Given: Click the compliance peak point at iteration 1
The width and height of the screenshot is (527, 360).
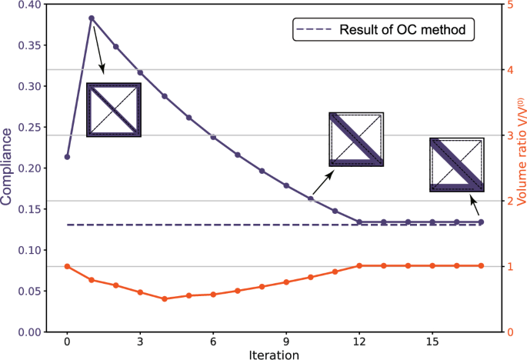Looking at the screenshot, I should coord(92,18).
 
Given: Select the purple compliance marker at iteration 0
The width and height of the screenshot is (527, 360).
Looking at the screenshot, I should coord(67,157).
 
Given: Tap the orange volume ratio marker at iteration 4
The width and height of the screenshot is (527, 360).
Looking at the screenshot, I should coord(165,298).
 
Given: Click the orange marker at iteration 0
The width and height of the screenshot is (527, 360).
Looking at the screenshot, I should coord(67,266).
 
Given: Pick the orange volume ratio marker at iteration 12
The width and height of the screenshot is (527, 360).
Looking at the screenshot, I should coord(359,266).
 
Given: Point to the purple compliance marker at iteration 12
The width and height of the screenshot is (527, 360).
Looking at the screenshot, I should coord(359,222).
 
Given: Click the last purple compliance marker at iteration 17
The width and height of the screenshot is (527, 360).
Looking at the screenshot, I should coord(481,222).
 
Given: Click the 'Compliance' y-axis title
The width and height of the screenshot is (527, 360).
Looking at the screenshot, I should coord(7,167).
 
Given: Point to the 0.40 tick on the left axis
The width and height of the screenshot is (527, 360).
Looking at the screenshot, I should coord(35,5).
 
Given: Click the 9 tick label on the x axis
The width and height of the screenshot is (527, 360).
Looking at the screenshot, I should coord(286,340).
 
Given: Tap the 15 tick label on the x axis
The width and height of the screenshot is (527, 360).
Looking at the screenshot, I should coord(432,340).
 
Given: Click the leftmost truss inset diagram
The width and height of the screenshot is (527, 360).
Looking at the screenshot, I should coord(114,110).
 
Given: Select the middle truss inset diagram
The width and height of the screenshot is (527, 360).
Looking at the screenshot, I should coord(356,139).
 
